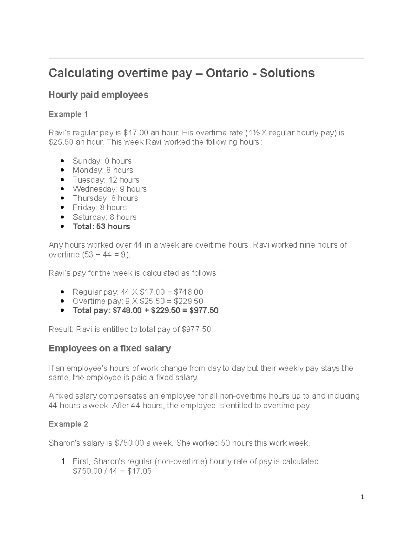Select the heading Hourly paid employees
(98, 95)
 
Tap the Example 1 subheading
(68, 114)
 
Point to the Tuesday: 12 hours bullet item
(106, 180)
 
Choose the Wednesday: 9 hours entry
(109, 189)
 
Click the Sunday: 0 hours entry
(102, 161)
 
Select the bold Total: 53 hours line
(101, 227)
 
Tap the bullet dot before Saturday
(62, 217)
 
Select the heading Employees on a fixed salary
(109, 348)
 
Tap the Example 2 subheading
(68, 424)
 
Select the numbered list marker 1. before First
(64, 461)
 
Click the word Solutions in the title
(287, 73)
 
